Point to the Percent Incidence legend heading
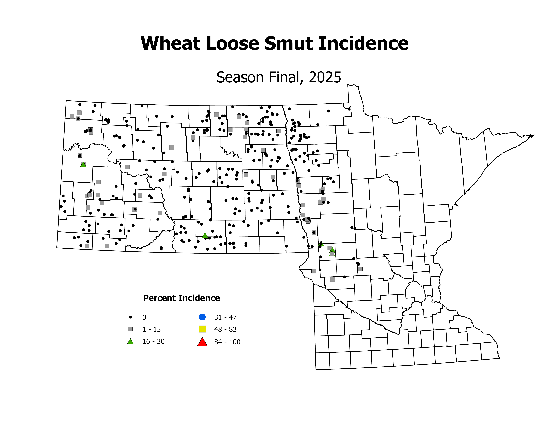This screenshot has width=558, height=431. coord(181,298)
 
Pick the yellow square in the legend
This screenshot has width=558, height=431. coord(202,329)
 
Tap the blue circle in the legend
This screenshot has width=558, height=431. coord(202,317)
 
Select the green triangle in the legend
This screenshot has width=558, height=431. coord(130,341)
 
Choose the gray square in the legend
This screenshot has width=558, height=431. coord(130,329)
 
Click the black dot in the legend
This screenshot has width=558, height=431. coord(130,317)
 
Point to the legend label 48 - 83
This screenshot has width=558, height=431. coord(225,329)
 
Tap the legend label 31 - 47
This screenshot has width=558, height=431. coord(225,317)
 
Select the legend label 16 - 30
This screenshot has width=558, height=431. coord(153,342)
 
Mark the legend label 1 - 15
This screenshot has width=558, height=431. coord(152,329)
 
